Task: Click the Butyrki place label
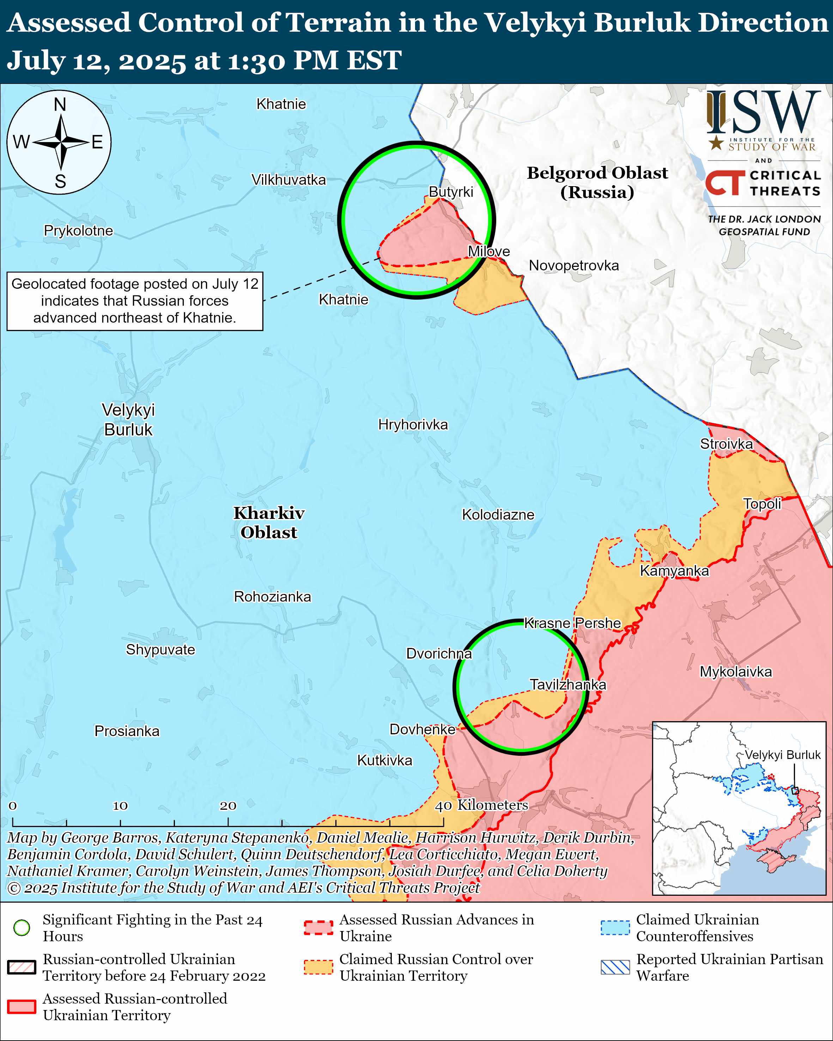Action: (x=451, y=192)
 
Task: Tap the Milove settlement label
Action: (x=489, y=252)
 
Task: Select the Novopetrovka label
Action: (x=574, y=265)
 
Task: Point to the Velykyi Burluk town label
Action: (x=128, y=420)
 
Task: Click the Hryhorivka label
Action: (x=413, y=424)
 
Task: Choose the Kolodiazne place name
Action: (x=498, y=515)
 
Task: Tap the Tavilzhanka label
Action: (x=568, y=685)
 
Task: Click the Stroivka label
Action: (x=726, y=444)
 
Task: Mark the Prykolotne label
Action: (x=78, y=231)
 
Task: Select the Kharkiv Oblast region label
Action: (x=269, y=522)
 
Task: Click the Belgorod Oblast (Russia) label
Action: (x=597, y=183)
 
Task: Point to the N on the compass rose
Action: (x=60, y=104)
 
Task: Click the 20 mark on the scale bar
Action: (x=228, y=806)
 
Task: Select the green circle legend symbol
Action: (x=22, y=927)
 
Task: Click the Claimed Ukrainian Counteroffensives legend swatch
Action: (x=615, y=927)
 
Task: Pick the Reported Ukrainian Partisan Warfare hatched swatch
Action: (x=615, y=967)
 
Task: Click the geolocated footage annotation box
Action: (x=135, y=301)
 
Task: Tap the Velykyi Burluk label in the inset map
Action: (x=782, y=755)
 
